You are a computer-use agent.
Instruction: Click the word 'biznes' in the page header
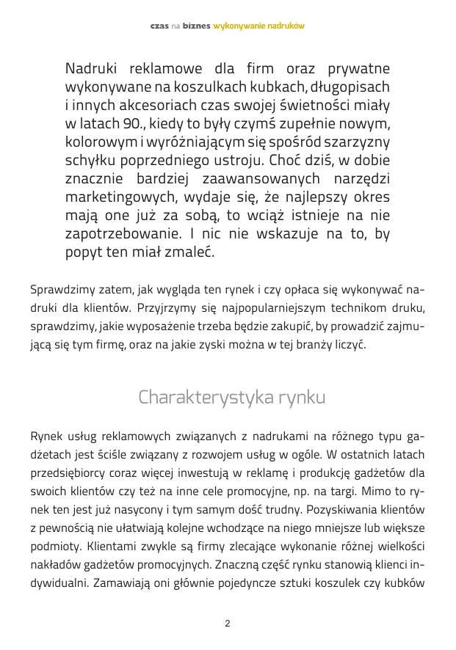(196, 26)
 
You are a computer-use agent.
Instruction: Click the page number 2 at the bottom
(228, 624)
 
